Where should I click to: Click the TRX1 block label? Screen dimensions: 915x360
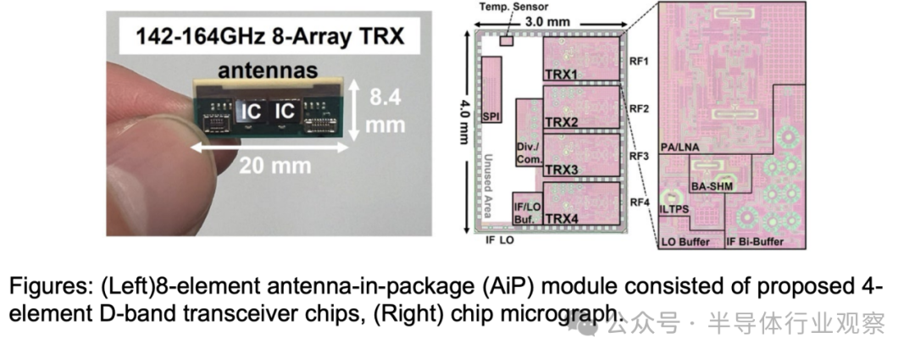[x=562, y=74]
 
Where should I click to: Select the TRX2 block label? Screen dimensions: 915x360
[x=562, y=123]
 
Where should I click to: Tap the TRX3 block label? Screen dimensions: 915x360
[x=562, y=170]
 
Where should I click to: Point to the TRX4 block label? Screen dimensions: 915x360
[x=562, y=218]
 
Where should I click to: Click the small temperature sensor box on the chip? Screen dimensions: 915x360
[x=507, y=41]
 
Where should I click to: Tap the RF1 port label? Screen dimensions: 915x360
[x=639, y=59]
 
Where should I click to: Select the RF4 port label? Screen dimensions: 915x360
[x=639, y=202]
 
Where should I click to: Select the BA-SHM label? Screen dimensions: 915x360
[x=712, y=186]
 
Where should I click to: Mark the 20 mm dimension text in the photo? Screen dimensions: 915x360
[x=274, y=166]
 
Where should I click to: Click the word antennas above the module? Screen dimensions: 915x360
[x=268, y=70]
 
